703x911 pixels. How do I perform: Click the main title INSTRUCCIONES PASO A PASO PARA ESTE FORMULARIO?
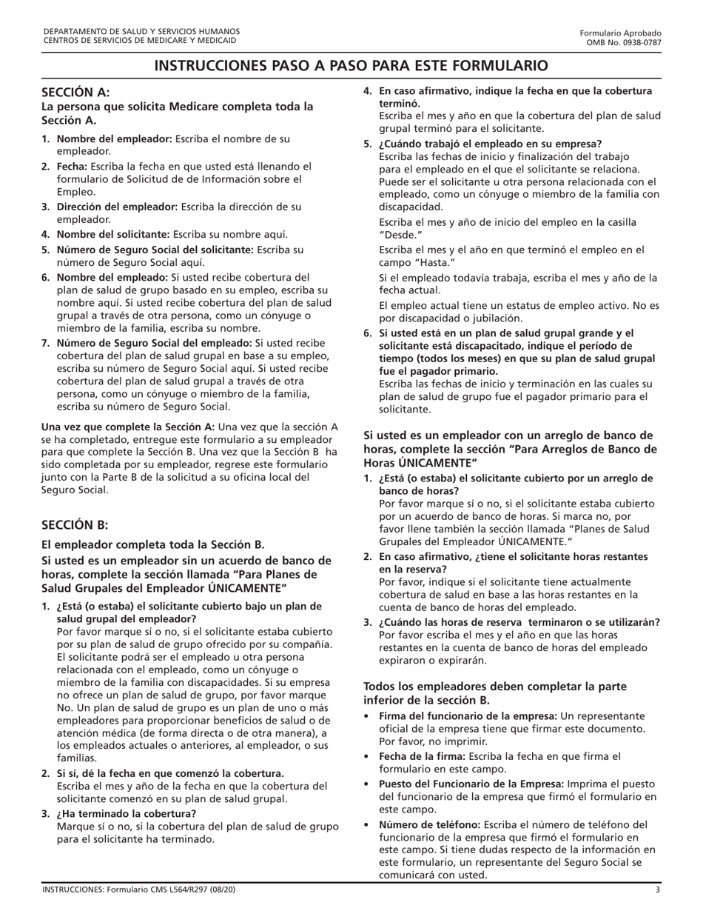(x=351, y=65)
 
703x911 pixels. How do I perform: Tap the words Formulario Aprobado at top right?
(x=620, y=33)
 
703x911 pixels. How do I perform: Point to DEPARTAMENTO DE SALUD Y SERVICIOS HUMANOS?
(x=141, y=32)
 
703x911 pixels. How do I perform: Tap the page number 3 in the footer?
(x=657, y=890)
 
